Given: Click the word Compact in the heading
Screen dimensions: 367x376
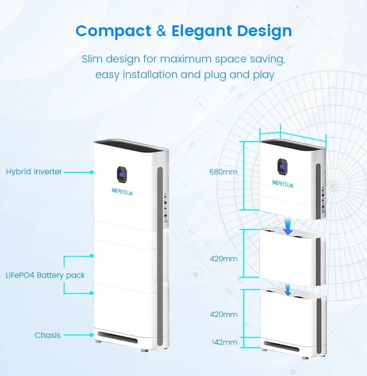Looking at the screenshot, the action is [114, 31].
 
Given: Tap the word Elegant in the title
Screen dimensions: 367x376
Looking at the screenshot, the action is [201, 31].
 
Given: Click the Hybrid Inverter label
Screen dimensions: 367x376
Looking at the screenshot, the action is [34, 172].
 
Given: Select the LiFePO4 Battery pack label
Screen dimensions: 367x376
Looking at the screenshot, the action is [45, 275].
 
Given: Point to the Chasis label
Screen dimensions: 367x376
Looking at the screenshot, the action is [47, 335].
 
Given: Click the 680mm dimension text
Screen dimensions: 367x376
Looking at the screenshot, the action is [223, 172].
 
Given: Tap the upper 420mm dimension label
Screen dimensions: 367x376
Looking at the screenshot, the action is [224, 258].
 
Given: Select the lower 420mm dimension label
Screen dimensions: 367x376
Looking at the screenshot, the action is [224, 314].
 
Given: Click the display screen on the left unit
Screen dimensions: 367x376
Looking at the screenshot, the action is [121, 173].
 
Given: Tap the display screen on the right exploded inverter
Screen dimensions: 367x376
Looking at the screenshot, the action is [283, 166].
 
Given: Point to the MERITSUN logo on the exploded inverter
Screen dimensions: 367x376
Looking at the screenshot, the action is [283, 184].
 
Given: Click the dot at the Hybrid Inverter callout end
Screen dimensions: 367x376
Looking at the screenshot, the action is [92, 172].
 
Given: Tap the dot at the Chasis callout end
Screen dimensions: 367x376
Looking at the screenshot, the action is [92, 335].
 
